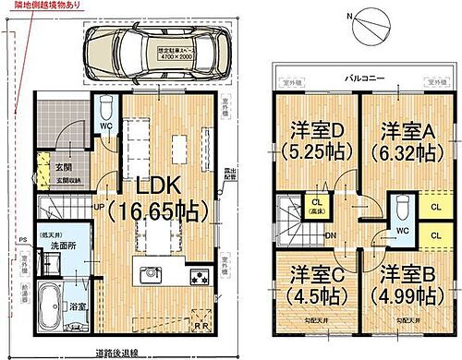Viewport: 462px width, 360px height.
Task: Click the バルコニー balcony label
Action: pos(361,80)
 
